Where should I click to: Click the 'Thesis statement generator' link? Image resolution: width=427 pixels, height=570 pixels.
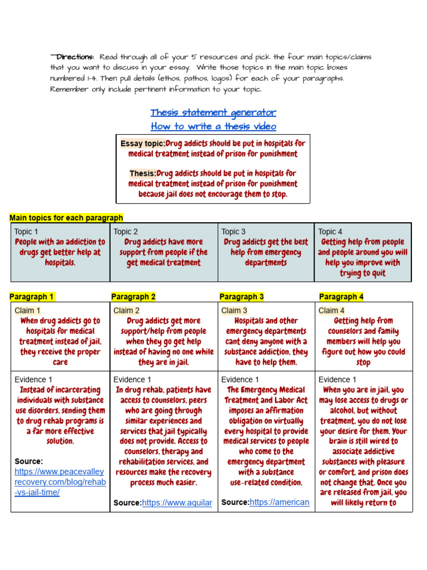[213, 113]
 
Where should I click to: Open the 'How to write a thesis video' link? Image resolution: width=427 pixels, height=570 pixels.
[213, 126]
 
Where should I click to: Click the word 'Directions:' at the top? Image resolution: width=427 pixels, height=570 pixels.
[75, 57]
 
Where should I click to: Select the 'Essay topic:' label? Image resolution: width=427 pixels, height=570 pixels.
[143, 144]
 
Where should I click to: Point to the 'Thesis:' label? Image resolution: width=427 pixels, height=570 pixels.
[143, 174]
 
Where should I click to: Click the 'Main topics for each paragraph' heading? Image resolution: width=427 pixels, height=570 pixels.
[67, 218]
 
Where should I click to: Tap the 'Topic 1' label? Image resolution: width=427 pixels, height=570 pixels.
[26, 232]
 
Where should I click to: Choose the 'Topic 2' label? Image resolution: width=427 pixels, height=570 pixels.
[126, 232]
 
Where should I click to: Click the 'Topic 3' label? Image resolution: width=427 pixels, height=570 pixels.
[234, 232]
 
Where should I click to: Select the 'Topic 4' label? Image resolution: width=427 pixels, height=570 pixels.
[330, 232]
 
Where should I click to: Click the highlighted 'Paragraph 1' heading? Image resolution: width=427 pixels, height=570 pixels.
[32, 297]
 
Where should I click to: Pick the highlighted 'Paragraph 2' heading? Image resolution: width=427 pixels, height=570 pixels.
[133, 297]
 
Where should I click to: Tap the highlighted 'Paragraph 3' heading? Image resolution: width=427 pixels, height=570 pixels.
[242, 297]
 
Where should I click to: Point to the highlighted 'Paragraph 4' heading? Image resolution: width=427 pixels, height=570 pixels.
[341, 297]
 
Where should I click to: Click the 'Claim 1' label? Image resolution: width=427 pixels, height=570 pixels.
[27, 311]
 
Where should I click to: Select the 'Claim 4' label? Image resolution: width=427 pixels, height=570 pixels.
[331, 311]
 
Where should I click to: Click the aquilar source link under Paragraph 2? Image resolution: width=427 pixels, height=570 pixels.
[177, 503]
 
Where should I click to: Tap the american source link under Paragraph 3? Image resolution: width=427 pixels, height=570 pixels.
[280, 502]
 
